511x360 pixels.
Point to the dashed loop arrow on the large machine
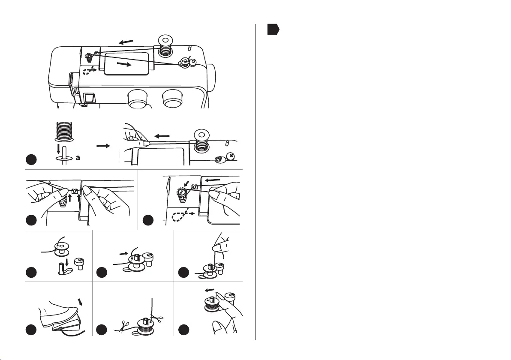90,71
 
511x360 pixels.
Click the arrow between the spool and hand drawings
103,146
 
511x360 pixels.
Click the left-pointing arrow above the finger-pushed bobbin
210,291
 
